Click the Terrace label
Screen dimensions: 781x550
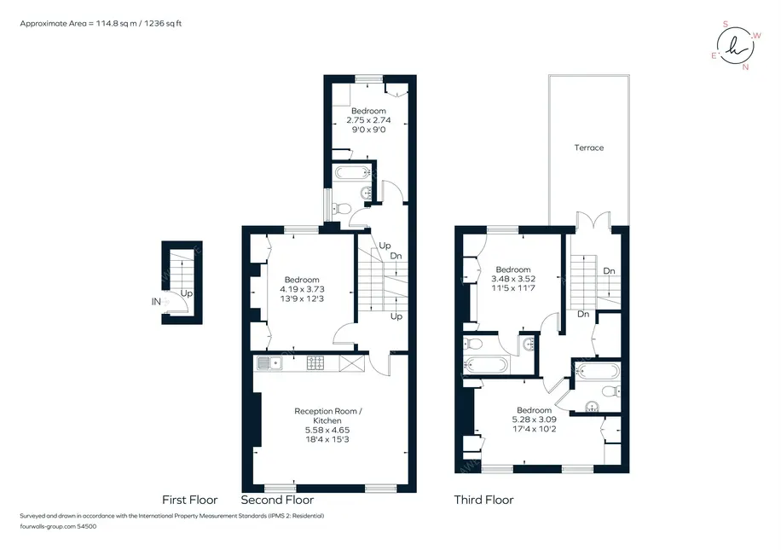[589, 148]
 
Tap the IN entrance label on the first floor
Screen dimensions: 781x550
[156, 301]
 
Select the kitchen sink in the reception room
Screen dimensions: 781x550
[269, 363]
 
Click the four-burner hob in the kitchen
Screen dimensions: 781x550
[315, 362]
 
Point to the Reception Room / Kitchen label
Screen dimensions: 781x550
[327, 415]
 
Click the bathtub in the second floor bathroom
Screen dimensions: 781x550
[353, 173]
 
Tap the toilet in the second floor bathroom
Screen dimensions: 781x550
[342, 208]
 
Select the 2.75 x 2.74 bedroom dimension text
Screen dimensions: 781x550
[368, 120]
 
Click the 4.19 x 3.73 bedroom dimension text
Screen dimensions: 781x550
[302, 289]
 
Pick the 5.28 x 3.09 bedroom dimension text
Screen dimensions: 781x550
[534, 420]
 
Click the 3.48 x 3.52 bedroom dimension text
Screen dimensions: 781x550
[513, 279]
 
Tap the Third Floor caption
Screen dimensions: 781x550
[483, 500]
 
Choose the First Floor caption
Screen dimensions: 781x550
[190, 500]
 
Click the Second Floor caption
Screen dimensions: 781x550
[277, 500]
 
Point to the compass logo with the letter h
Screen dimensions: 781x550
[736, 46]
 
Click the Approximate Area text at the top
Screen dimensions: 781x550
[101, 23]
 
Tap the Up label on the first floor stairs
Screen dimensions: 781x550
[186, 293]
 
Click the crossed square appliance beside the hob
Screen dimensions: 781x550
[351, 363]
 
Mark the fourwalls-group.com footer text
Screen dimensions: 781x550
[58, 526]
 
